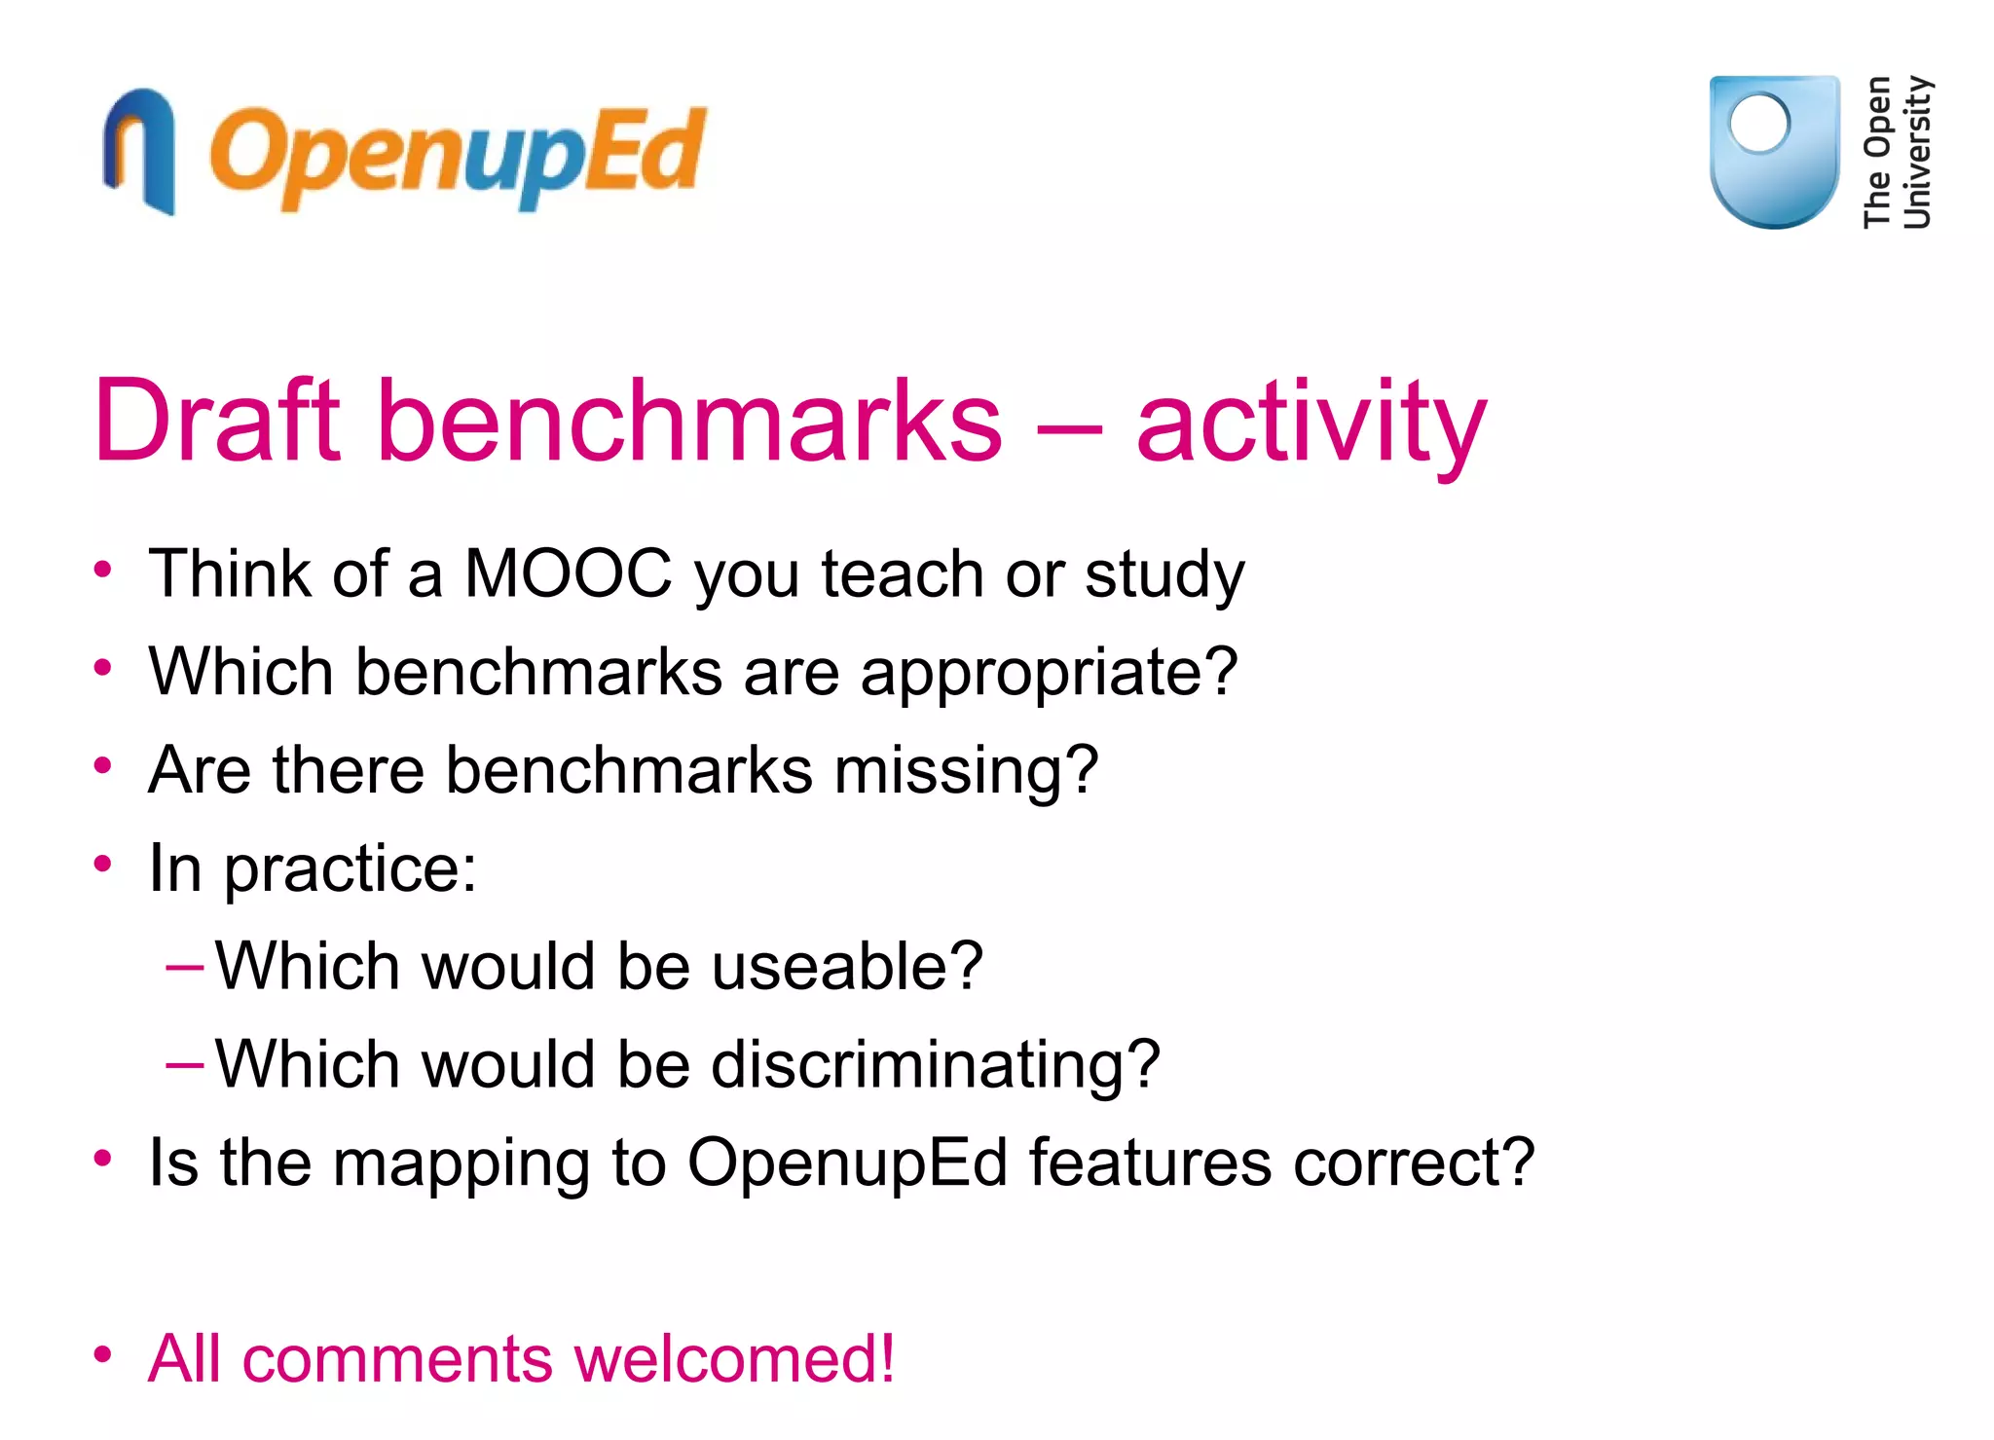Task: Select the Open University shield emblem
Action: [1774, 151]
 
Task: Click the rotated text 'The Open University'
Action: [1897, 152]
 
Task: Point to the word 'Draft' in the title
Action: [217, 421]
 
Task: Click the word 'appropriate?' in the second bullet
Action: [1049, 674]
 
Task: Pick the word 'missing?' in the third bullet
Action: [966, 770]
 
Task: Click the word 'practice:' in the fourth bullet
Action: [351, 869]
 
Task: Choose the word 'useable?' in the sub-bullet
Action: [847, 966]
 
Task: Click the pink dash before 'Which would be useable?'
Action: [184, 967]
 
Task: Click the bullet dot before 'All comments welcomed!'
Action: [103, 1353]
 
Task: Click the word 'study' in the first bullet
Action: [1164, 574]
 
